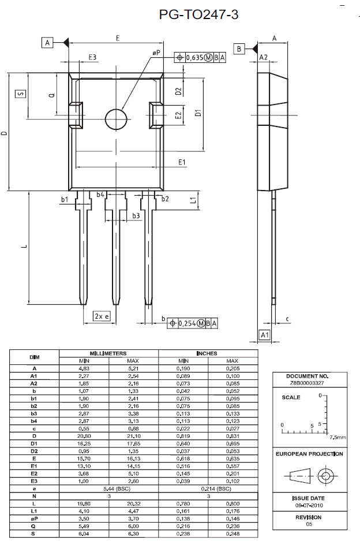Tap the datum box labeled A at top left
pos(48,43)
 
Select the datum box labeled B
pos(239,48)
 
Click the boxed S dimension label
pos(20,94)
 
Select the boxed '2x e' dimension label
pos(102,316)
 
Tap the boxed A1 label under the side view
pos(264,335)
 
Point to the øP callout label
pos(156,53)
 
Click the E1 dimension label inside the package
pos(182,162)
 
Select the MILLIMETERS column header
pos(108,353)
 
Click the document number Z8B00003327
pos(308,382)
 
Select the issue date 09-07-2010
pos(309,505)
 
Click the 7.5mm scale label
pos(337,437)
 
